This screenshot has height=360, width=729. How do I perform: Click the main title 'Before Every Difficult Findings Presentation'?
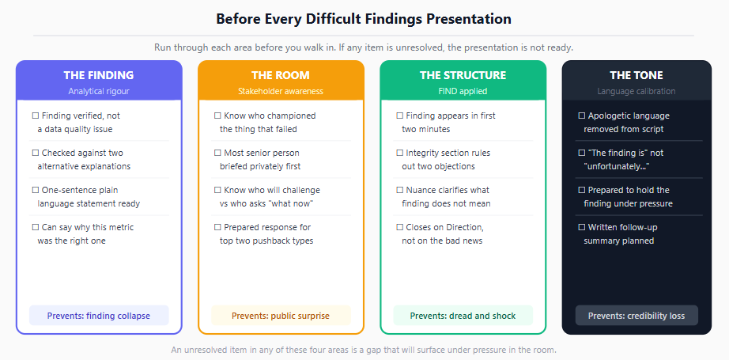tap(364, 19)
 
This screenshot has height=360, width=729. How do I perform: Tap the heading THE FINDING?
tap(99, 75)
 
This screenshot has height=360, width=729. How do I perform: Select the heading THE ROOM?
tap(281, 75)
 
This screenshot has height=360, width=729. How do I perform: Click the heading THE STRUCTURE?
tap(463, 75)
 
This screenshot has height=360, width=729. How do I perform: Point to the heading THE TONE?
tap(636, 75)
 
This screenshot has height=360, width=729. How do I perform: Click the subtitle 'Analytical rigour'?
tap(99, 91)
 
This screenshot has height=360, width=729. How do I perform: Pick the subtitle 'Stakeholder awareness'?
tap(281, 91)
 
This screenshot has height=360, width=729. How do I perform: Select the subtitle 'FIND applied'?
tap(463, 91)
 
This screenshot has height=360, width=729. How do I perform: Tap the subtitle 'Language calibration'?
tap(636, 91)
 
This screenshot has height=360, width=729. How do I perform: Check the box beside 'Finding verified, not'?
tap(36, 116)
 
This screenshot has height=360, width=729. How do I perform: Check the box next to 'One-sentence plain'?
tap(36, 190)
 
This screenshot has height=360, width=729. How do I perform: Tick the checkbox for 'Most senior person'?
tap(217, 153)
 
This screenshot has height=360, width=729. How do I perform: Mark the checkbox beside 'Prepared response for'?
tap(217, 227)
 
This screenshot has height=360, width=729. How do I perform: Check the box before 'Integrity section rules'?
tap(400, 153)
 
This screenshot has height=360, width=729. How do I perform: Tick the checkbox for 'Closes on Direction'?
tap(400, 227)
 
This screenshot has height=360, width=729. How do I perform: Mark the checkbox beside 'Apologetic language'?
tap(582, 116)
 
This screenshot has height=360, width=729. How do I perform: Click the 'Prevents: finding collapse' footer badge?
tap(99, 316)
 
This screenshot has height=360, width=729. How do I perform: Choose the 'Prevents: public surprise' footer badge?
tap(281, 316)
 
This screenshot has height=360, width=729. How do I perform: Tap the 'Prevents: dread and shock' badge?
tap(463, 316)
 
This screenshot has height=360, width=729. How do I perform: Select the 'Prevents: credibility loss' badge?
tap(636, 316)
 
